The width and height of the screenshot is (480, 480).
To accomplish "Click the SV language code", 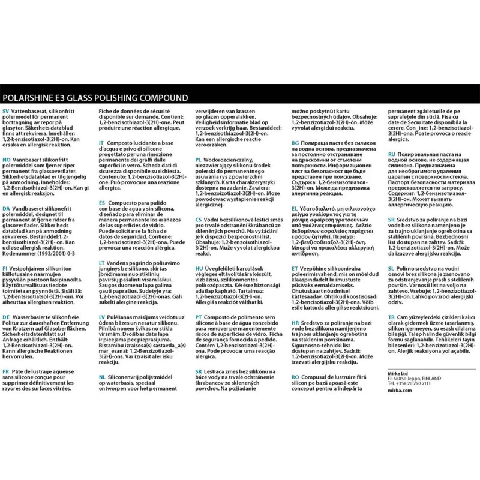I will coord(7,112).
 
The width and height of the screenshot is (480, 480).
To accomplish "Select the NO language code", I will coord(7,160).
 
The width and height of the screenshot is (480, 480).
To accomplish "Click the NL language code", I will coord(102,376).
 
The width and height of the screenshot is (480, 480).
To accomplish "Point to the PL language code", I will coord(199,160).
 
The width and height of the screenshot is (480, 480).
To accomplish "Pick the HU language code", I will coord(199,268).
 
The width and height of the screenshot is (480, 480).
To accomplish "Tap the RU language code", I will coord(391,154).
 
